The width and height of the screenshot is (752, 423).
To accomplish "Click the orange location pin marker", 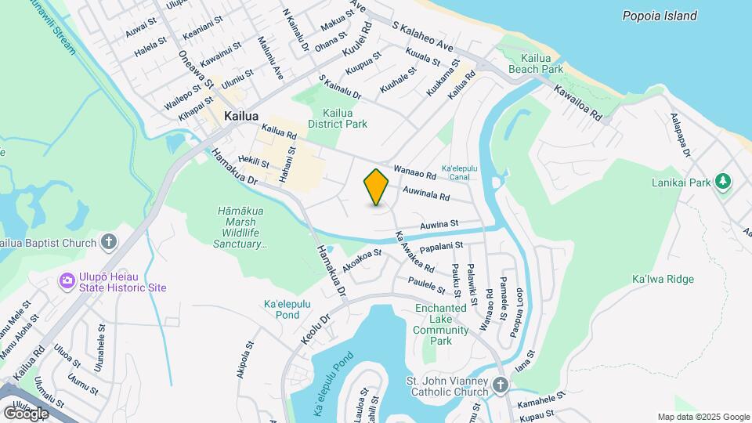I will (377, 187).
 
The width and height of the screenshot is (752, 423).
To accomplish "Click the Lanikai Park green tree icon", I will (724, 182).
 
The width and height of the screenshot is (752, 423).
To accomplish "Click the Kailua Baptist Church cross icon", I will (109, 243).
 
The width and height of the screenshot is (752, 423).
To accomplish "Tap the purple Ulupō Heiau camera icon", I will (67, 280).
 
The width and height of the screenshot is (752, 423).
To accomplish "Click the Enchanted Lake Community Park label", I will (442, 325).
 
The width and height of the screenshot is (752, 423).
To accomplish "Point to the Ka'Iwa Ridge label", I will (660, 279).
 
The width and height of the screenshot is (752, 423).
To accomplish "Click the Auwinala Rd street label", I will (427, 193).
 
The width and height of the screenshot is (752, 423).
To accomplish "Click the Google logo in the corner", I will (26, 413).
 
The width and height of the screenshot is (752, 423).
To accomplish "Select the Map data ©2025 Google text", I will (703, 418).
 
